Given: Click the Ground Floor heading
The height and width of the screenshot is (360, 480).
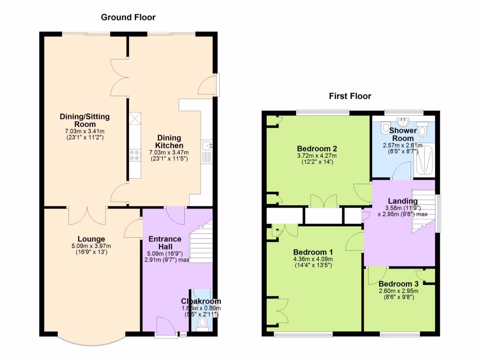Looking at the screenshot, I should pyautogui.click(x=128, y=17).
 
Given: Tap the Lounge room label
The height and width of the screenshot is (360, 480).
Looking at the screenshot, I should pyautogui.click(x=91, y=239).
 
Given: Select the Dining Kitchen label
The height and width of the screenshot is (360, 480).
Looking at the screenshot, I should pyautogui.click(x=169, y=142).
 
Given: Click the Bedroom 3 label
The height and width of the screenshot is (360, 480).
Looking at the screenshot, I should pyautogui.click(x=398, y=284).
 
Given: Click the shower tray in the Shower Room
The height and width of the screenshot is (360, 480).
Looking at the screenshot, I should pyautogui.click(x=424, y=159).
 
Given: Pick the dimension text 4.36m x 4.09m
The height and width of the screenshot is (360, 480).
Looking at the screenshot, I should pyautogui.click(x=313, y=259).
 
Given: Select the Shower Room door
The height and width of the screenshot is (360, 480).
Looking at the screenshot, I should pyautogui.click(x=401, y=172).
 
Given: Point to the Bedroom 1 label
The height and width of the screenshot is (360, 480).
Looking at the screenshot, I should pyautogui.click(x=313, y=252).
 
